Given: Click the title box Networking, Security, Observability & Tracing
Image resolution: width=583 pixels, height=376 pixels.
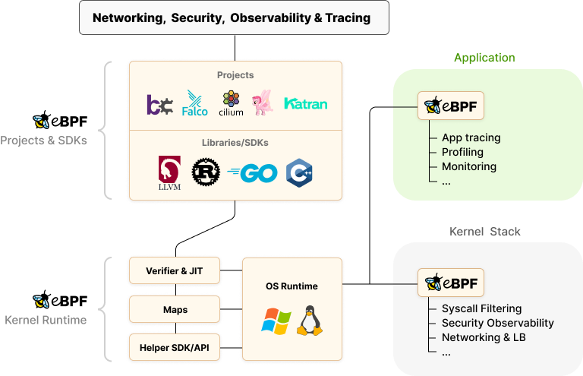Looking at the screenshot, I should (x=234, y=17).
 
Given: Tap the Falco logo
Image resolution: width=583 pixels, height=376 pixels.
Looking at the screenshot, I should (x=195, y=104).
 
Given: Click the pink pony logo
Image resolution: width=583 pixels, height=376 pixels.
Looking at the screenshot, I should (x=263, y=102).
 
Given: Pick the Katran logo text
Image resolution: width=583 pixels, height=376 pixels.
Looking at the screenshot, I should (x=305, y=103).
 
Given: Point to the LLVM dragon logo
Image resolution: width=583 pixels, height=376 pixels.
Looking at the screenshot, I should (x=169, y=173).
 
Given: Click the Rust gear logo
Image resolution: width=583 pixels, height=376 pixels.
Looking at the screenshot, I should (x=205, y=172).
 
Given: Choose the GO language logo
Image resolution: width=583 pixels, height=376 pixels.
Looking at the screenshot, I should (x=253, y=173).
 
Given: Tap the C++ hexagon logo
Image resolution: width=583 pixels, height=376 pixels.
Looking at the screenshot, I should (x=299, y=173).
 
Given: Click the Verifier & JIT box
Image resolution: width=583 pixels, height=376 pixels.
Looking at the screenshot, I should (x=175, y=270).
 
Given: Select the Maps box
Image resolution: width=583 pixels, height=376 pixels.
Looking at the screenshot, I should (x=175, y=310).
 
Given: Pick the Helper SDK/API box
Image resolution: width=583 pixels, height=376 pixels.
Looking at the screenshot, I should (x=175, y=348).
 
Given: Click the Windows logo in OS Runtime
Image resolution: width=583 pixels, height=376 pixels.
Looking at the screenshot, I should (x=276, y=321).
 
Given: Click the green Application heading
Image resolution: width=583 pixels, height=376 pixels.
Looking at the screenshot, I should (x=484, y=58).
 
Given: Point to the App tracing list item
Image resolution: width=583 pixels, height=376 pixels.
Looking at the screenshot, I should (x=471, y=137).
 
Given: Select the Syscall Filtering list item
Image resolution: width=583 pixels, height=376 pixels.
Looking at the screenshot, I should (x=481, y=308).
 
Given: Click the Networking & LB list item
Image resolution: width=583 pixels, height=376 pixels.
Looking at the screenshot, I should (x=484, y=337).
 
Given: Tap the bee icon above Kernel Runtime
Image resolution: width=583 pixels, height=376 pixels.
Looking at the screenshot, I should (x=41, y=302).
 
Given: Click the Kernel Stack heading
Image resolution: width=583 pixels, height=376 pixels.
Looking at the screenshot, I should (x=485, y=231).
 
